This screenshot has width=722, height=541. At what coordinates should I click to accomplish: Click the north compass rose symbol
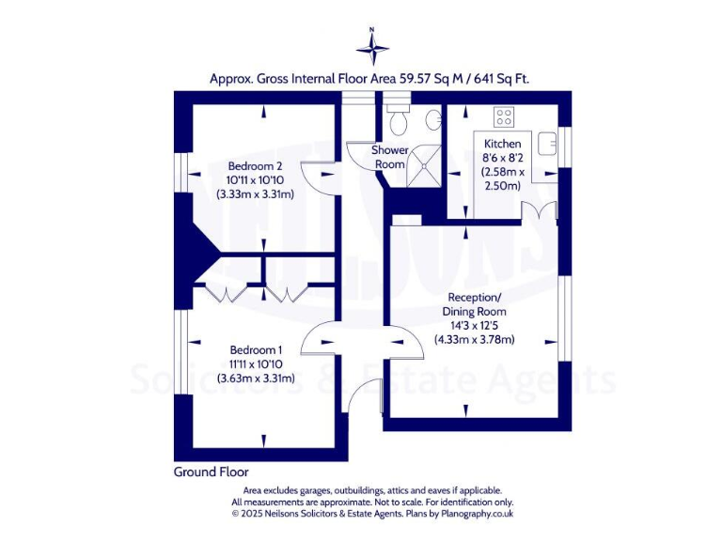(372, 46)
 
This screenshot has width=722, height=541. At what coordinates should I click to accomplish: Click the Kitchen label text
(502, 144)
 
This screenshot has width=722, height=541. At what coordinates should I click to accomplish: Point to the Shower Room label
(390, 157)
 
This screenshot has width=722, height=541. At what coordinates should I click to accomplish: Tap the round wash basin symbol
(433, 119)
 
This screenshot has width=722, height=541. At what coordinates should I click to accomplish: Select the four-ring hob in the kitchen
(505, 118)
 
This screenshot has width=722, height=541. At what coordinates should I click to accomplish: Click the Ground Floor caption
(212, 471)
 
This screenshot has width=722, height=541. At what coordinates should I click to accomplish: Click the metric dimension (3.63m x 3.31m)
(256, 379)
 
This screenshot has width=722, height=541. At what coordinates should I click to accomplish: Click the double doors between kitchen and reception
(535, 211)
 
